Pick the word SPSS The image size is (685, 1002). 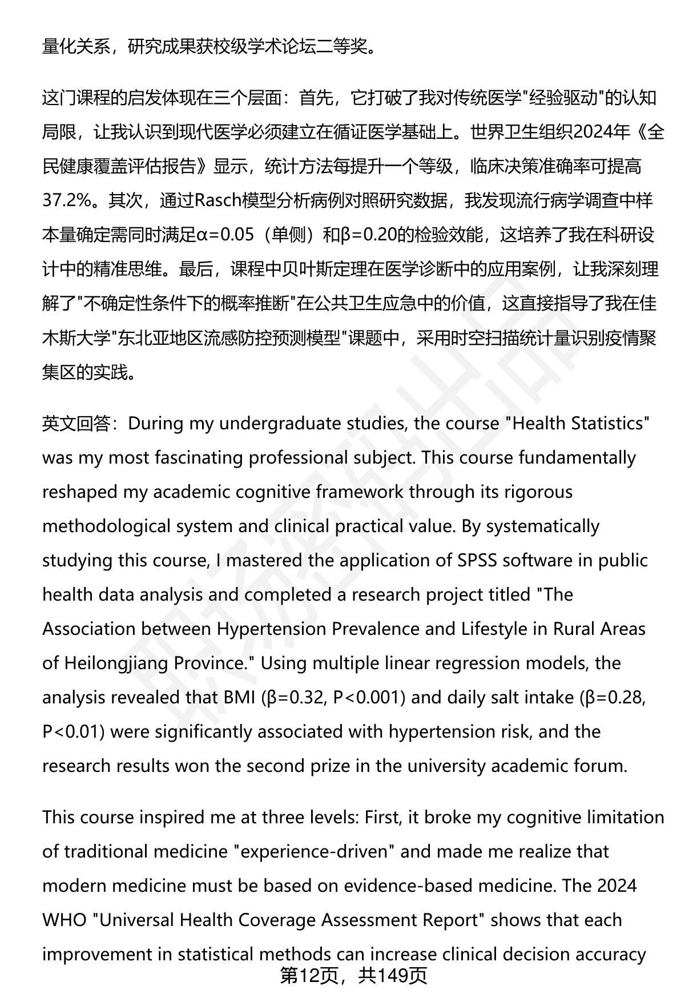coord(478,561)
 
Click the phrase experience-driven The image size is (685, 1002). coord(311,852)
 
